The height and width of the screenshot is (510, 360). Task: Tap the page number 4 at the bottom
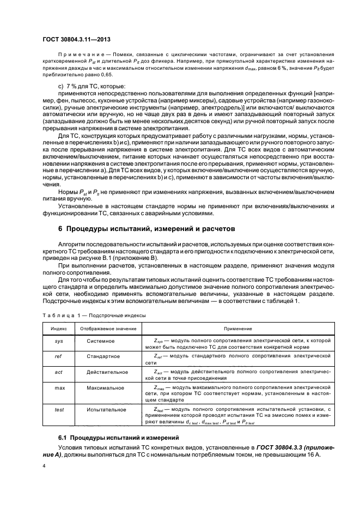pyautogui.click(x=44, y=466)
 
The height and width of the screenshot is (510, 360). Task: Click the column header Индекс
pyautogui.click(x=59, y=329)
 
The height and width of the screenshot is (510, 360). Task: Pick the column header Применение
pyautogui.click(x=237, y=329)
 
